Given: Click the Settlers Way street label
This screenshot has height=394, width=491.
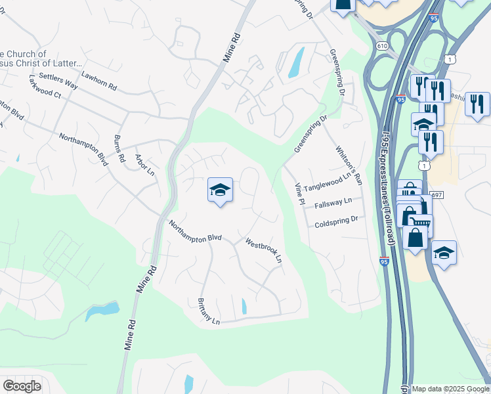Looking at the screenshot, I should coord(58,77).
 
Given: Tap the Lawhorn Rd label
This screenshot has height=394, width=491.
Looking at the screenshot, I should coord(98,81).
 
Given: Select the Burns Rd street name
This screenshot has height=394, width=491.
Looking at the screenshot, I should coord(119,149).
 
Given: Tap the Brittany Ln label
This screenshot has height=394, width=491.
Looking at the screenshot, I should coord(208,311).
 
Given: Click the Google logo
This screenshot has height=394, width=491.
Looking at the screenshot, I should coord(22,385).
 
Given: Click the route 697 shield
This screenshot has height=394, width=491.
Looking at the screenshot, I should coord(438,195).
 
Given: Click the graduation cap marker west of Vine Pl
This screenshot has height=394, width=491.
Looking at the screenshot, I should coord(220,190).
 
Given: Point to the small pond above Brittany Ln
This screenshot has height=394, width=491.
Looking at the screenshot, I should coord(244,306).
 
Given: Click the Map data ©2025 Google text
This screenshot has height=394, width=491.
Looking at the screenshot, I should coord(450,389).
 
